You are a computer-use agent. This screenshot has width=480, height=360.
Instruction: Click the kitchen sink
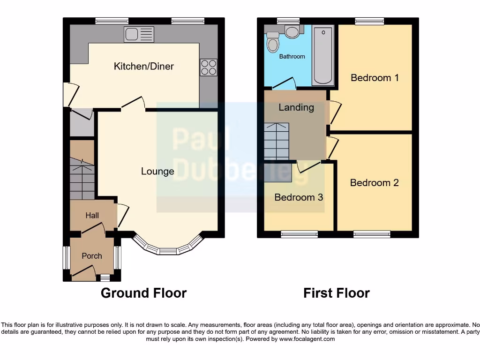[x=139, y=34]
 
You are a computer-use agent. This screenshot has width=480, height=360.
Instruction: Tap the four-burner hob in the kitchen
[x=209, y=67]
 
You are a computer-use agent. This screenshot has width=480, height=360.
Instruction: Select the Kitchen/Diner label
[x=143, y=66]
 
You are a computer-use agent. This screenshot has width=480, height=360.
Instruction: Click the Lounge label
[x=157, y=172]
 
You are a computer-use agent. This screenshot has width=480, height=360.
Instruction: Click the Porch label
[x=91, y=256]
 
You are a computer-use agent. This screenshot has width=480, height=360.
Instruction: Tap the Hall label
[x=92, y=216]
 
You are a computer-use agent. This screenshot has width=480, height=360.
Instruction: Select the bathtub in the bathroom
[x=323, y=55]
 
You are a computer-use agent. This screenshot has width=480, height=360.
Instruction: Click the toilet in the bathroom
[x=272, y=44]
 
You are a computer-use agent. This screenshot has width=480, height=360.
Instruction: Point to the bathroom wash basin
[x=293, y=31]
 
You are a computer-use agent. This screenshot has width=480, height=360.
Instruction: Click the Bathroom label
[x=292, y=57]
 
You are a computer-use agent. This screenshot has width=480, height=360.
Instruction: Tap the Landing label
[x=296, y=107]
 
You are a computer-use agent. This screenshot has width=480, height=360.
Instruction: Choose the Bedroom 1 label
[x=375, y=78]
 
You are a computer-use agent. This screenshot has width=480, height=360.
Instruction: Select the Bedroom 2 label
[x=374, y=183]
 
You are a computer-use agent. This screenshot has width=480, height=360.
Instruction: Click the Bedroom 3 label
[x=299, y=197]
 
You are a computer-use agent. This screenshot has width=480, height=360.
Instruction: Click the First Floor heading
[x=336, y=293]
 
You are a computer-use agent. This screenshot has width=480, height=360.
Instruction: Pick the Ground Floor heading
[x=143, y=293]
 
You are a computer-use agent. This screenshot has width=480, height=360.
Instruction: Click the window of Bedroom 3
[x=300, y=234]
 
